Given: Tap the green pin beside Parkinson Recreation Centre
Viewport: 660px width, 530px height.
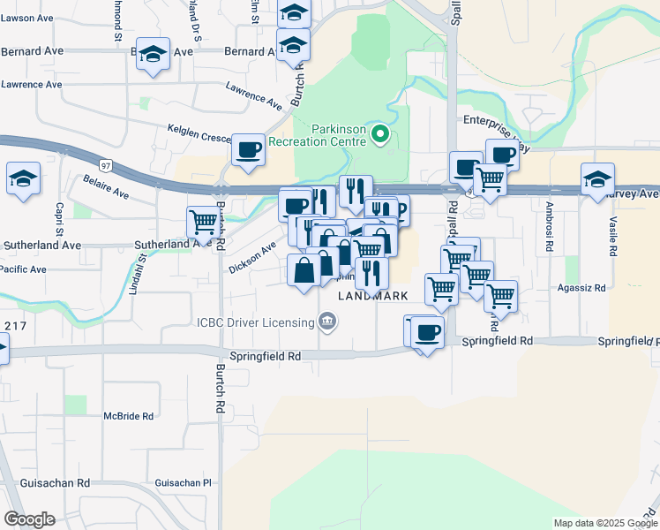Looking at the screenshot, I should tap(381, 134).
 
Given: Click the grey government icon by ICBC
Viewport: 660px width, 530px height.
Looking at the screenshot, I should tap(327, 320).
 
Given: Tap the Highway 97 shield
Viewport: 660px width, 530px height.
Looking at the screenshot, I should tap(106, 165).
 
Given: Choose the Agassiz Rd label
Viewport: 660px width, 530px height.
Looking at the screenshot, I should tap(582, 288).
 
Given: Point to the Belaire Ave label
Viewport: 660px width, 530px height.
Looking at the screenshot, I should tap(105, 187).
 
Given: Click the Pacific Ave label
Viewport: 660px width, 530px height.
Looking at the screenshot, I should tap(23, 269).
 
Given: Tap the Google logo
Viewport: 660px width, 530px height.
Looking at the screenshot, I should tap(29, 519).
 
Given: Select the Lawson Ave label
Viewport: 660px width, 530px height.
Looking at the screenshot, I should tap(26, 18).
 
